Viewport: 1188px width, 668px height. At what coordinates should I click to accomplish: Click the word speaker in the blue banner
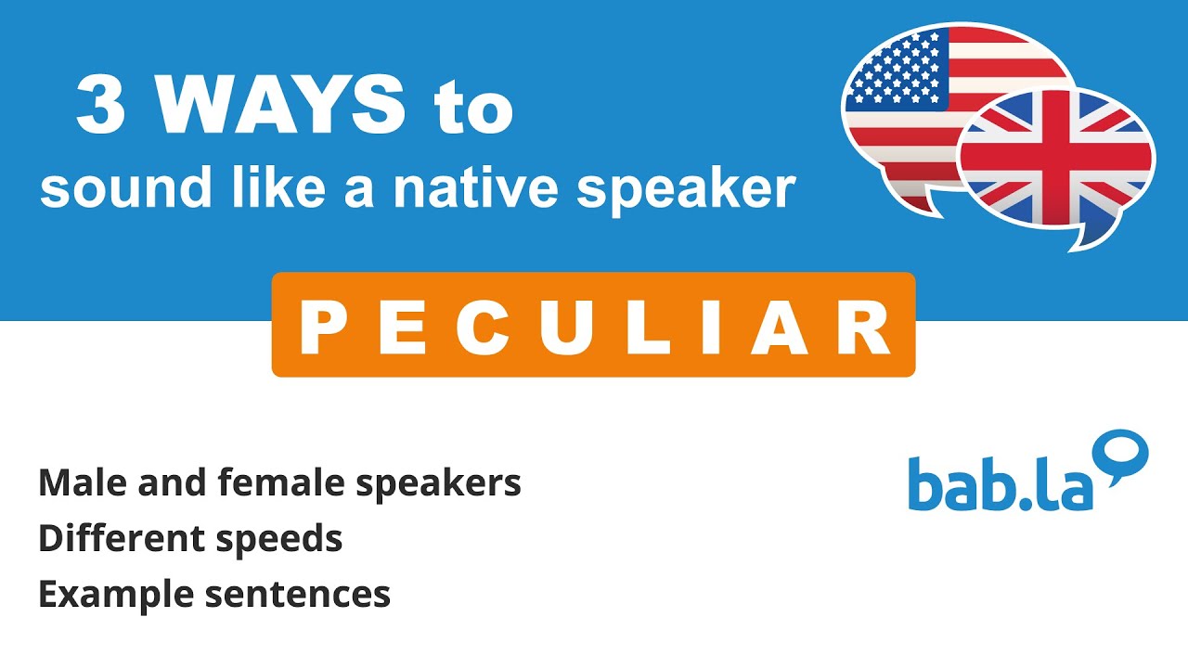(x=686, y=188)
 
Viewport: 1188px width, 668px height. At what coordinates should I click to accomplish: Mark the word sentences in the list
(x=297, y=595)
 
